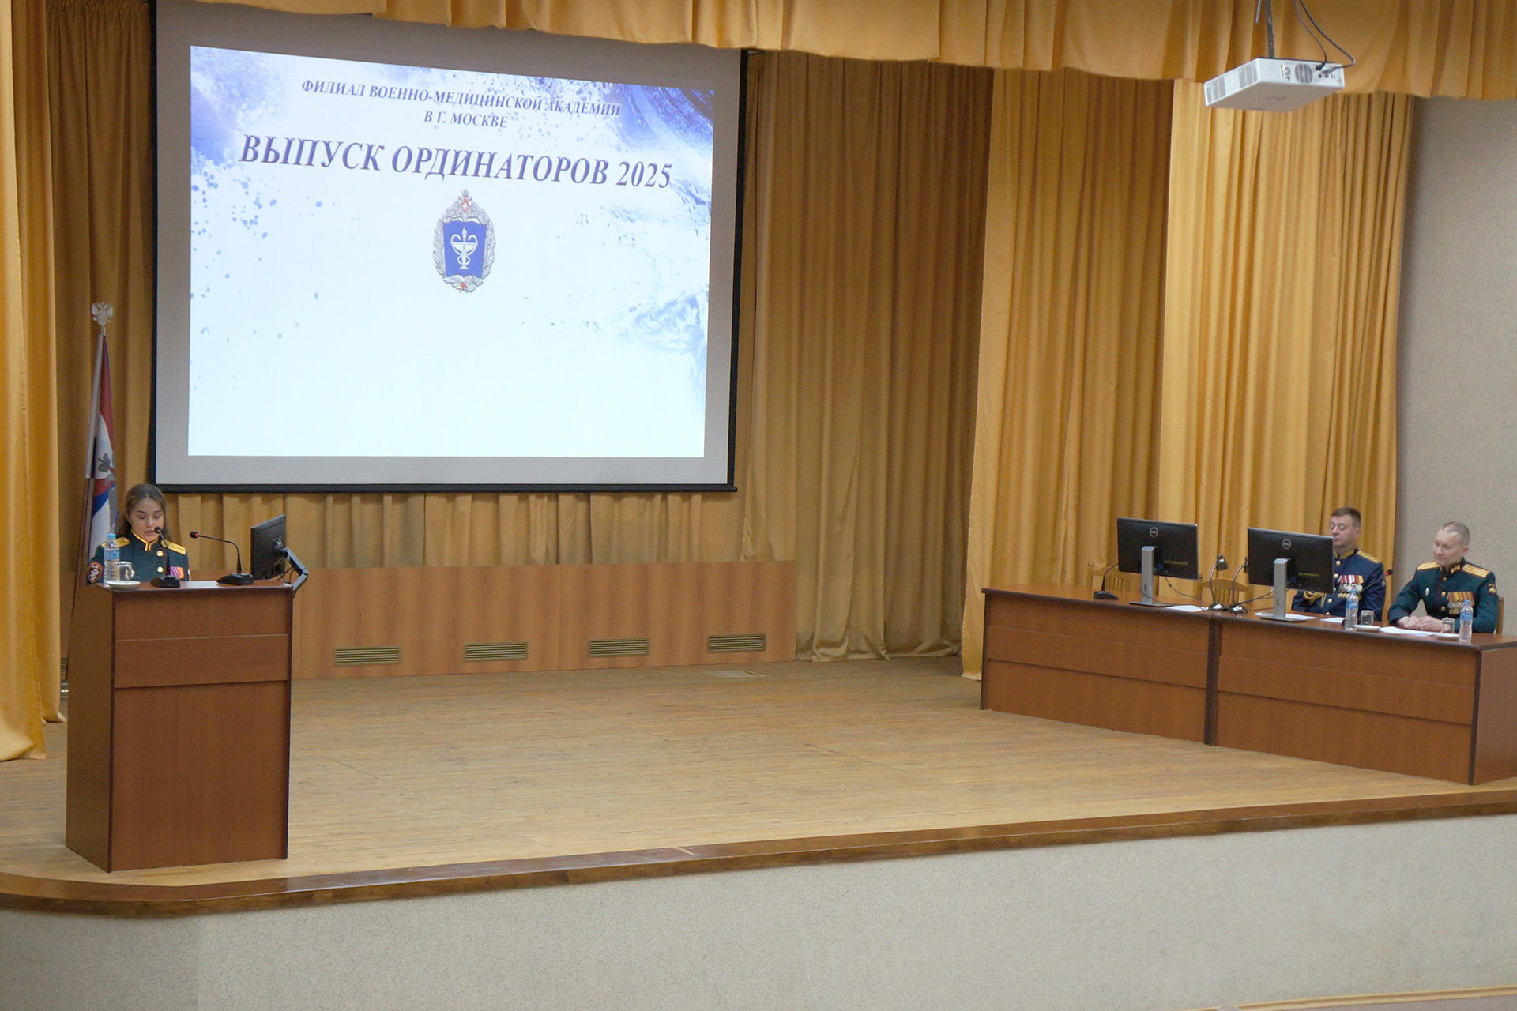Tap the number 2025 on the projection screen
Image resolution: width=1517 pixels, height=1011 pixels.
pyautogui.click(x=644, y=173)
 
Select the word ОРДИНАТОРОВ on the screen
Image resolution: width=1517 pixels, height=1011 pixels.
pyautogui.click(x=499, y=163)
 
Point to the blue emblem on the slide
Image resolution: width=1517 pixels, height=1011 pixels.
pyautogui.click(x=463, y=239)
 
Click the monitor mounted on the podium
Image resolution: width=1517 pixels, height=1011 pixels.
pyautogui.click(x=269, y=546)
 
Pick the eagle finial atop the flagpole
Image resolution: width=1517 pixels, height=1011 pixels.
pyautogui.click(x=102, y=314)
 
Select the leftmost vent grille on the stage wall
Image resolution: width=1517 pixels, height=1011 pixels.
pyautogui.click(x=367, y=655)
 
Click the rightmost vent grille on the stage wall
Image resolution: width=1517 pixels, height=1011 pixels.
pyautogui.click(x=736, y=644)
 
